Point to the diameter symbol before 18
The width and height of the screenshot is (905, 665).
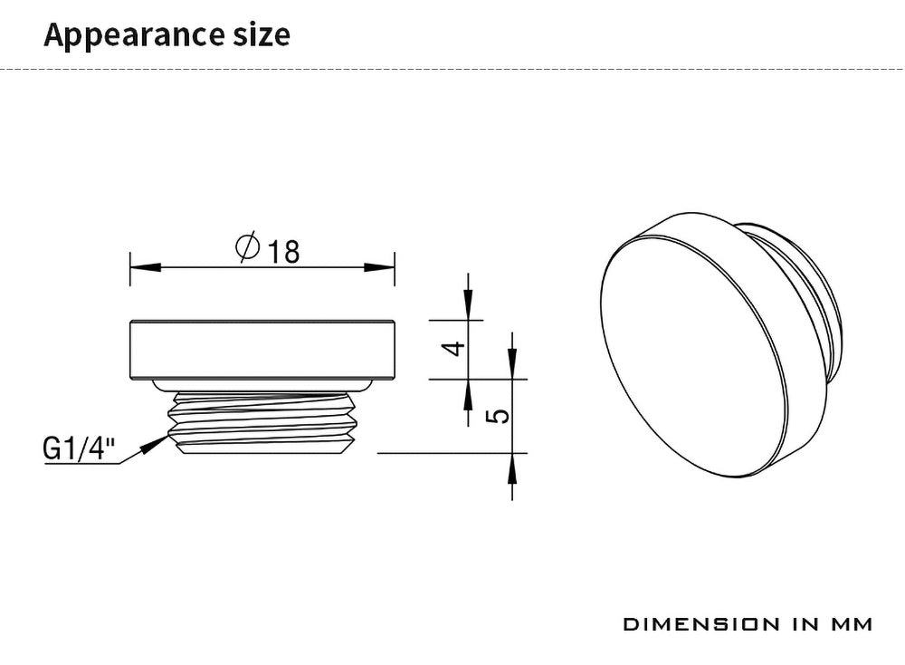(x=248, y=246)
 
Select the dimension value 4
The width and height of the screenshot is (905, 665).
(x=453, y=349)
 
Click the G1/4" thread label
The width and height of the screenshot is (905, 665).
(x=79, y=448)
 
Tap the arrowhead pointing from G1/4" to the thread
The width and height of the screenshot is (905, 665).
(x=156, y=444)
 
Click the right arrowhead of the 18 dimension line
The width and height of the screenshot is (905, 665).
(x=379, y=267)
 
